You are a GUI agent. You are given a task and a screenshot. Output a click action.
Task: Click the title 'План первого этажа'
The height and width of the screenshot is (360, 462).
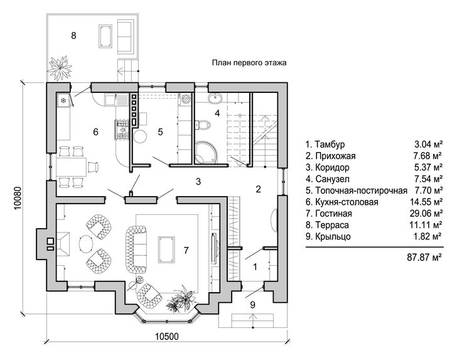[x=249, y=63]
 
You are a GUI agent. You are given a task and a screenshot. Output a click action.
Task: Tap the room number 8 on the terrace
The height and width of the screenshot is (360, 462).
[x=73, y=36]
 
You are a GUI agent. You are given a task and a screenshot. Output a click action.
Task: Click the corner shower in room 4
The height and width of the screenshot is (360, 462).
[x=206, y=152]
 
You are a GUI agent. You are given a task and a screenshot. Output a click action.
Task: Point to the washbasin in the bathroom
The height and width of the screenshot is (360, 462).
[x=217, y=98]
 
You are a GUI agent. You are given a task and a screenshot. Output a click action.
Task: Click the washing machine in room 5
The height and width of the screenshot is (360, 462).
[x=186, y=99]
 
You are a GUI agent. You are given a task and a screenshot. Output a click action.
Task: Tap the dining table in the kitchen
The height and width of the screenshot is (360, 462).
[x=71, y=167]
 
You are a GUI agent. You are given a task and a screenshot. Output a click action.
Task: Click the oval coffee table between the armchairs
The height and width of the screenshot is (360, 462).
[x=86, y=244]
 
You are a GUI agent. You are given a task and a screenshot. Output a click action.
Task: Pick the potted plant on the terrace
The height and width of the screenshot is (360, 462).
[x=60, y=68]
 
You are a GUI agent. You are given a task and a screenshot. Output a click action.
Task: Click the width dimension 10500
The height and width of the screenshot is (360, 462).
[x=167, y=336]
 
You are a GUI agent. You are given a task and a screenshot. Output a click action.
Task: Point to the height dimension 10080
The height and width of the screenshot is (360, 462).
[x=18, y=198]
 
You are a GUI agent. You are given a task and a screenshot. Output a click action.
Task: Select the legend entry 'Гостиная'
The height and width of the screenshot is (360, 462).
[x=333, y=213]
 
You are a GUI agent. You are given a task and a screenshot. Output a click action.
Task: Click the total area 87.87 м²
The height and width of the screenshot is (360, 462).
[x=424, y=258]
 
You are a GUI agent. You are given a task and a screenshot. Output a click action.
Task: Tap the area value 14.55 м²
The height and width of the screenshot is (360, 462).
[x=426, y=202]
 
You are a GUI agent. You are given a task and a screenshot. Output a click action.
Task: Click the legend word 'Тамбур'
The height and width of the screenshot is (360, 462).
[x=330, y=145]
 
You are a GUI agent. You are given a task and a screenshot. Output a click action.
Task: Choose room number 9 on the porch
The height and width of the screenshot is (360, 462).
[x=252, y=305]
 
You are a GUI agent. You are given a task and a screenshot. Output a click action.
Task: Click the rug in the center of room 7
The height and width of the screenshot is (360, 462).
[x=167, y=249]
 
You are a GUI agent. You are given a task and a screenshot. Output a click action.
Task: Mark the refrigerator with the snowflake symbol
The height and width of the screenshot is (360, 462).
[x=63, y=101]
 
